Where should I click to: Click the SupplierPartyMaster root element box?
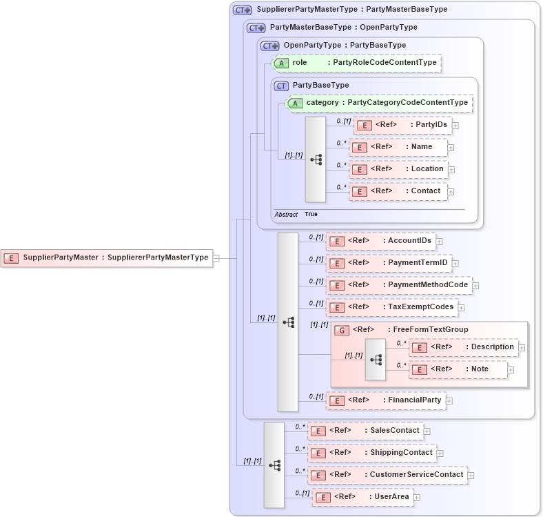click(107, 257)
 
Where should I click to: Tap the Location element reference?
click(398, 169)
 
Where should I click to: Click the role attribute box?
click(356, 63)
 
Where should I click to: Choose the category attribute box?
click(378, 103)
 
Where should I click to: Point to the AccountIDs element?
click(380, 241)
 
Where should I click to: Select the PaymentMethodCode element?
click(398, 285)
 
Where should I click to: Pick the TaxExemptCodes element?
click(391, 307)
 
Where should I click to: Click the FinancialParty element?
click(385, 400)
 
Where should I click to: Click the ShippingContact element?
click(371, 453)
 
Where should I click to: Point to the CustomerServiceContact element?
click(387, 475)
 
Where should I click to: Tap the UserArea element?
click(362, 497)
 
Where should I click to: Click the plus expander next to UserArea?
click(417, 497)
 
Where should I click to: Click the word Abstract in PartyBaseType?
click(286, 215)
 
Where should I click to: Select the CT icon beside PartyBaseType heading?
click(281, 86)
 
